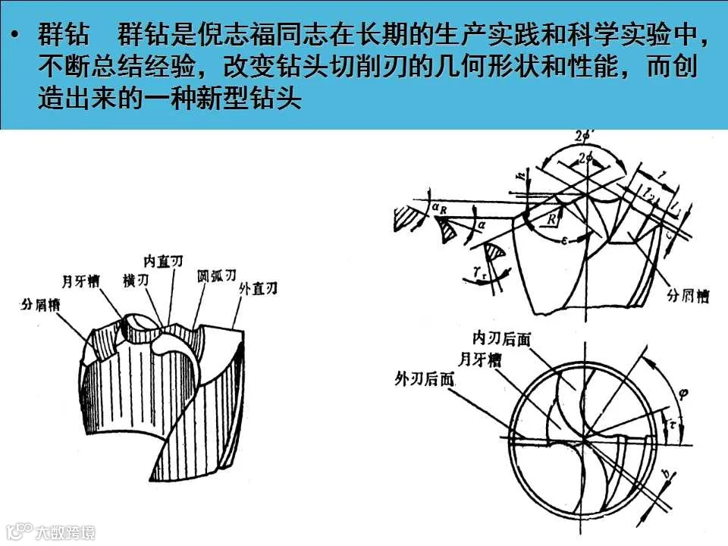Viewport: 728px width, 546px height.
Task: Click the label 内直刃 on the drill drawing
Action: [164, 261]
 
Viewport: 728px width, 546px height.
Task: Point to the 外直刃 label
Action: [258, 288]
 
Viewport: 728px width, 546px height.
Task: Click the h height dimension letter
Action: [521, 175]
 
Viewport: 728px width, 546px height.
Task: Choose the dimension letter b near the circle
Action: [666, 476]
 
